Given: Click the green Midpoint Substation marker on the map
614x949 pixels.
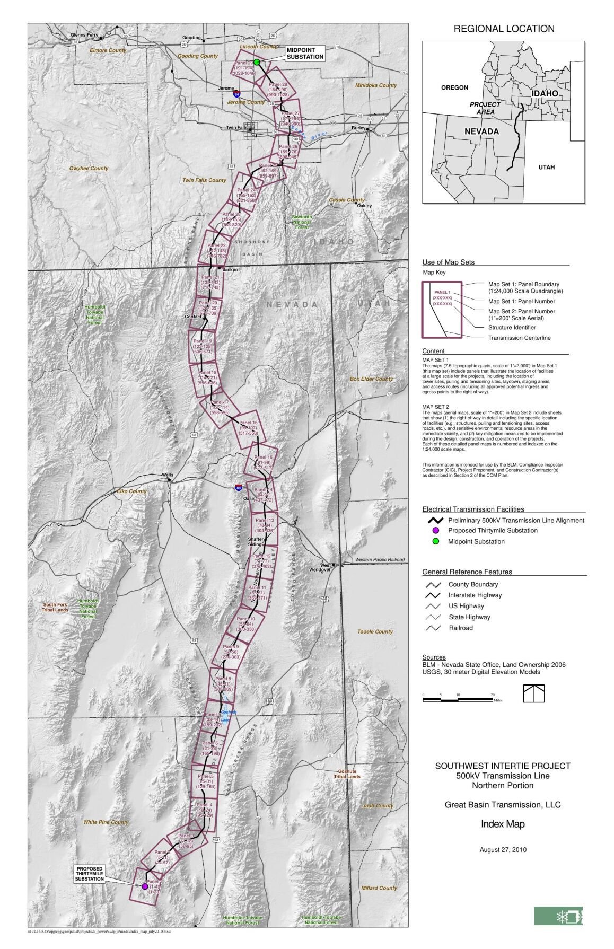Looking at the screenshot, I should click(257, 62).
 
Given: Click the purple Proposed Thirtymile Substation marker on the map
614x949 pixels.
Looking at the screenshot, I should click(145, 886).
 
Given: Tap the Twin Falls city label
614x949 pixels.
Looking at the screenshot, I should click(236, 128).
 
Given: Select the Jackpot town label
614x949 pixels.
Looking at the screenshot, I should click(231, 270).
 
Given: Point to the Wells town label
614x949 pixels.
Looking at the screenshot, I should click(167, 475).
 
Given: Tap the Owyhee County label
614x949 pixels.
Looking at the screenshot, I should click(89, 169).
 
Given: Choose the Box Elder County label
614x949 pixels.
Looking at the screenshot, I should click(371, 379).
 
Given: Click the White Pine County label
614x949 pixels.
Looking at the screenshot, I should click(106, 822).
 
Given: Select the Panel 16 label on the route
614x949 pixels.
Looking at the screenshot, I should click(248, 423).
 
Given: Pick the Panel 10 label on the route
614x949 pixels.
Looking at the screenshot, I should click(246, 619).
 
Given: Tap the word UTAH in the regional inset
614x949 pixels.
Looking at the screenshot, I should click(546, 167).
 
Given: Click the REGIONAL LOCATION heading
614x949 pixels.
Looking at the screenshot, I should click(504, 29).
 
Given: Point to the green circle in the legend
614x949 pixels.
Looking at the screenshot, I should click(436, 541).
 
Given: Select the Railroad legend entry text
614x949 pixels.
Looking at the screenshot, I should click(460, 628).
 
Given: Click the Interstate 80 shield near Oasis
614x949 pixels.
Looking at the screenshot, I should click(239, 487).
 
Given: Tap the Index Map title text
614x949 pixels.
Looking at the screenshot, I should click(502, 824).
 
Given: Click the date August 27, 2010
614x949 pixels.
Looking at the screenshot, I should click(503, 849).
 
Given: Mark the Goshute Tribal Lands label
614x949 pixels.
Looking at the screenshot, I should click(347, 774).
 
